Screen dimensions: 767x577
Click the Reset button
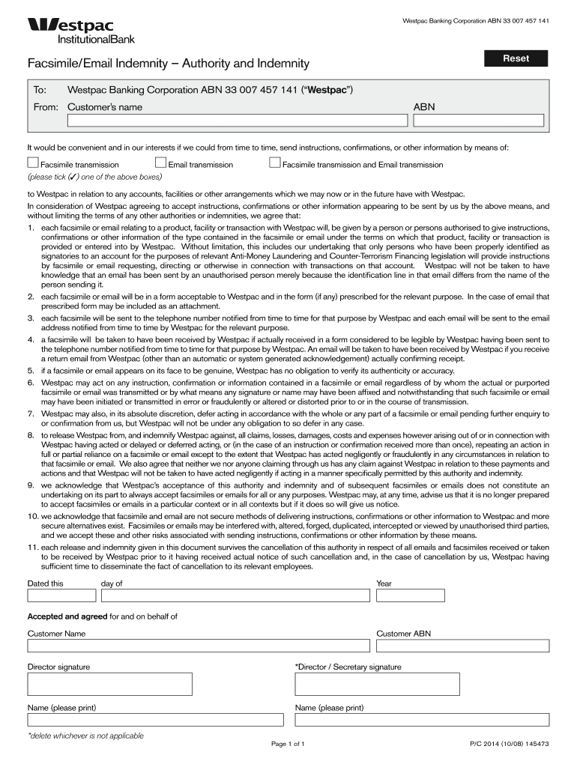[516, 58]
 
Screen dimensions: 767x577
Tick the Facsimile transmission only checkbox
[33, 163]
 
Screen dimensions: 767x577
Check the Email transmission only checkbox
[160, 163]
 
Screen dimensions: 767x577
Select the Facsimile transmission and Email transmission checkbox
[275, 163]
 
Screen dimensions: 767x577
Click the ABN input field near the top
[479, 121]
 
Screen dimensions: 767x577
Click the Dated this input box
[61, 595]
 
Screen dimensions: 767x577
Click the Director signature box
[110, 684]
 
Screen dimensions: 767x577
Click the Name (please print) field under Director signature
[156, 720]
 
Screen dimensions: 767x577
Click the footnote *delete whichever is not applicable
[85, 736]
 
